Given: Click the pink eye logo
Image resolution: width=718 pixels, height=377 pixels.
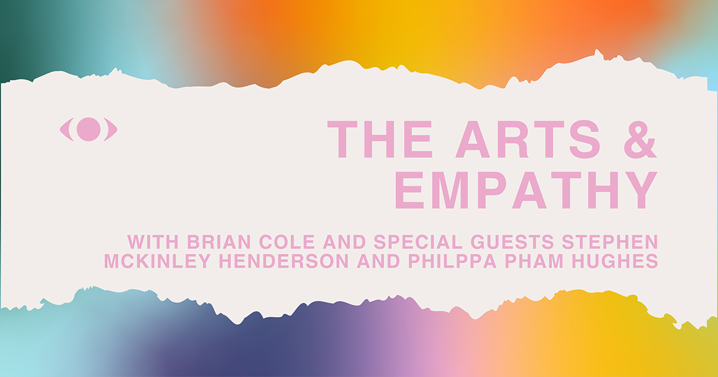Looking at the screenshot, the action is [x=89, y=129].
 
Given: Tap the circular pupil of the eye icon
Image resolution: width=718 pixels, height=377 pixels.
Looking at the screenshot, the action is [x=89, y=129].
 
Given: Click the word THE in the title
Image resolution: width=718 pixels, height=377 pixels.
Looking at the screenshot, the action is [x=380, y=139].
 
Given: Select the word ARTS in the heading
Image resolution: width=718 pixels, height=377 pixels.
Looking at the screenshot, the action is [x=528, y=139].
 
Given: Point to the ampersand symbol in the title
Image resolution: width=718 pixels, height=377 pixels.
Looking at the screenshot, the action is [x=640, y=139].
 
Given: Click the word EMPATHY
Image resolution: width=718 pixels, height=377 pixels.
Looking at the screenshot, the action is [x=527, y=190].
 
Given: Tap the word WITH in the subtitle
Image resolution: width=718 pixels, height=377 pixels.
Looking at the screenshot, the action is [x=153, y=242].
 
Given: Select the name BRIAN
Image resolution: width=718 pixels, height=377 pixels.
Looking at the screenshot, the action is [x=218, y=242].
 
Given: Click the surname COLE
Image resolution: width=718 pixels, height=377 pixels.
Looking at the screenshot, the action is [x=287, y=242].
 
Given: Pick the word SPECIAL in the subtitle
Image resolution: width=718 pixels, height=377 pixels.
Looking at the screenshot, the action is [x=418, y=242].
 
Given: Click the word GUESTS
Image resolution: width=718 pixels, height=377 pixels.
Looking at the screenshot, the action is [x=512, y=242].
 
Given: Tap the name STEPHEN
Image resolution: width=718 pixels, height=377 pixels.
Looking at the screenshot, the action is [x=610, y=242].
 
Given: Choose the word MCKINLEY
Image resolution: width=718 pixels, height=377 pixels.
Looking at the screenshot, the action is [x=157, y=261].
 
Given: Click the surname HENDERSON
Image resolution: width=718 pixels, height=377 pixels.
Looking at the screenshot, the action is [x=284, y=261].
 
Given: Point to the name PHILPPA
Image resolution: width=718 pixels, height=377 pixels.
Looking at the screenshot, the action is [x=452, y=261].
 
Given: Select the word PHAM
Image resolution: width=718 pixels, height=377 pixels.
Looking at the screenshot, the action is [x=534, y=261].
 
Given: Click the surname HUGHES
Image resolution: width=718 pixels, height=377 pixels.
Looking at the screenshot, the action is [x=615, y=261].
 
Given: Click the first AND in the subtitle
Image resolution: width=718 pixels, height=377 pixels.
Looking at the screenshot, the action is [x=344, y=242].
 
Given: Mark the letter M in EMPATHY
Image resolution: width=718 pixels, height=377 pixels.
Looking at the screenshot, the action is [x=452, y=190].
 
